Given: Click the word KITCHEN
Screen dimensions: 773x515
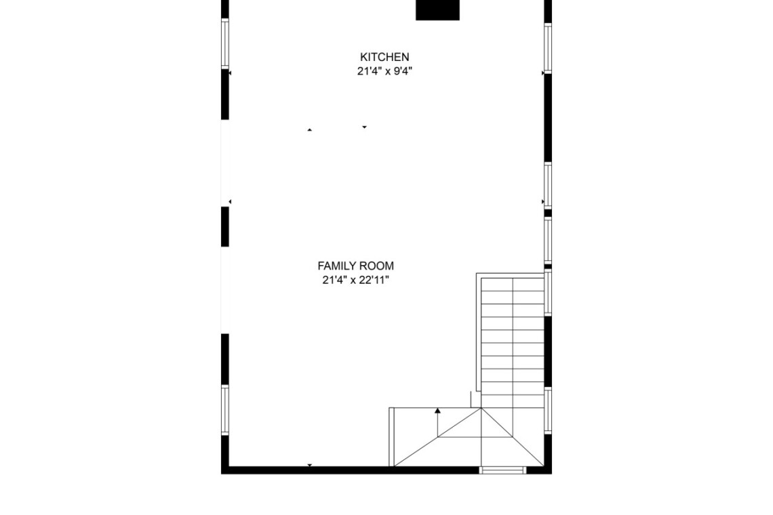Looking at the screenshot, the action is click(x=384, y=57).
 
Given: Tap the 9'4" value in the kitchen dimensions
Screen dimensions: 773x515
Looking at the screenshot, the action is click(x=402, y=71).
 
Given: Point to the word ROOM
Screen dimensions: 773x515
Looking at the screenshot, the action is click(x=377, y=266).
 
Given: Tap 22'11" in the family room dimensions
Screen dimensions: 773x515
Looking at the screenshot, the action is click(x=374, y=281).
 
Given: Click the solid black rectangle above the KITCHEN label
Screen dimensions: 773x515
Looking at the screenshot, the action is click(x=438, y=10).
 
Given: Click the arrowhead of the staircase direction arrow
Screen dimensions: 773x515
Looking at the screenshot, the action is click(x=437, y=410).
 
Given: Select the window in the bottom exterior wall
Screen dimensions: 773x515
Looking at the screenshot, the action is click(x=502, y=470).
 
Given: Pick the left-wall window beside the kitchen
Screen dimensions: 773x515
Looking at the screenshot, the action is click(x=225, y=44).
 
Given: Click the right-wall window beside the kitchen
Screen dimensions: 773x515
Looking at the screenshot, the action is click(x=548, y=48).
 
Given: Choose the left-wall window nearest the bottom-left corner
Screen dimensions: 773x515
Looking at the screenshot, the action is click(x=225, y=409).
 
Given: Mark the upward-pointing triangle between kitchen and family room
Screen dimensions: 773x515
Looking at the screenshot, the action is click(x=310, y=130).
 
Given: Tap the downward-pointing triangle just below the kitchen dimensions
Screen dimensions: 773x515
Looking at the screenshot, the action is click(x=364, y=127).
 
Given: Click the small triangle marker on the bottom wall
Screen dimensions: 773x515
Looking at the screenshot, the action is click(x=310, y=466).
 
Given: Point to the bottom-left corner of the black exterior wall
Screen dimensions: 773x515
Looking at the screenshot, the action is click(x=221, y=474).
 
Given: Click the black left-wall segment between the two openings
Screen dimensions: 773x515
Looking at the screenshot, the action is click(x=225, y=226).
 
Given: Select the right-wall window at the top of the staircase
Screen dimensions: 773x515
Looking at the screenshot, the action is click(x=548, y=292).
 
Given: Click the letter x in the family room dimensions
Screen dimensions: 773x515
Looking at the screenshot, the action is click(x=353, y=281).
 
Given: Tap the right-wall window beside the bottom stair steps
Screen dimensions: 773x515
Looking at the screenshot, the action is click(x=548, y=411).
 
